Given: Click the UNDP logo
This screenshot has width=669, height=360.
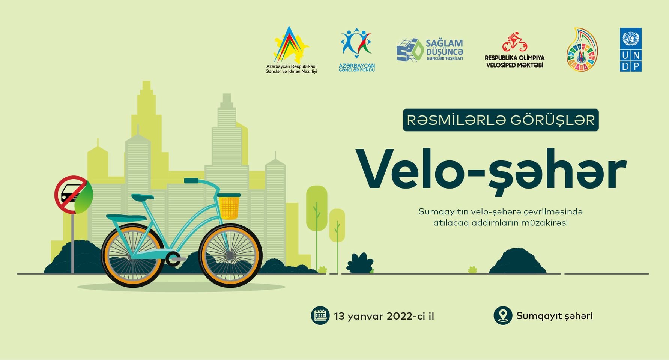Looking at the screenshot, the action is coord(631,49).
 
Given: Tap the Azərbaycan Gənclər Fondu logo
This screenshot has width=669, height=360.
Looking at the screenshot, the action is coord(356,50).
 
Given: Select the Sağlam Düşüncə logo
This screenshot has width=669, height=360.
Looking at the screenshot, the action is coord(430,50).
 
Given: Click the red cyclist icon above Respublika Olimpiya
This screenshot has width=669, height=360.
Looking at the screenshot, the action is coord(515,42).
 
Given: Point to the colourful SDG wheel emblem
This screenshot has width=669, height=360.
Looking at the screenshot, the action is coord(582,49).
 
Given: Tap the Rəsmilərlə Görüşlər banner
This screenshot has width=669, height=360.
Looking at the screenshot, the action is coord(501,120).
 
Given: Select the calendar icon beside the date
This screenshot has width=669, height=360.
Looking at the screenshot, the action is coord(320,315).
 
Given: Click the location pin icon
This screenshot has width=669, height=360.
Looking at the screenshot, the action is coord(503,315).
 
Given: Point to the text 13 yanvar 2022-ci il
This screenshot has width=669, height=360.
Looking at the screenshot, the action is coord(384,316).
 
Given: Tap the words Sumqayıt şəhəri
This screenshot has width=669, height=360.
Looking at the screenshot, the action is coord(555,316).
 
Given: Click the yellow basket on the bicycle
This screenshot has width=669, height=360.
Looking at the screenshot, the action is coord(229,206).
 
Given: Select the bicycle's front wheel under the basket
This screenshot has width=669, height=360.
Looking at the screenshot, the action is coord(230,256).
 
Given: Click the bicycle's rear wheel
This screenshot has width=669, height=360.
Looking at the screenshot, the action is coord(133,256).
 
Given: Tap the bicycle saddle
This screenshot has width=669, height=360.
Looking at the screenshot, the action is coord(143,197).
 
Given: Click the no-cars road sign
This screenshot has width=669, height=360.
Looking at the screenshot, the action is coord(71,195).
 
